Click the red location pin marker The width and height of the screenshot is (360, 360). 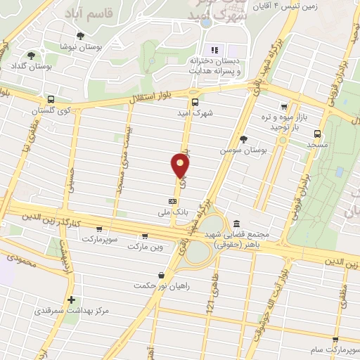pos(180,165)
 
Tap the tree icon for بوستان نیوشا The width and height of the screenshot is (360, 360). pos(80,35)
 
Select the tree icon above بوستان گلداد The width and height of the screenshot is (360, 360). pos(30,56)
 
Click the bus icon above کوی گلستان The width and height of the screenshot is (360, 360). pos(51,99)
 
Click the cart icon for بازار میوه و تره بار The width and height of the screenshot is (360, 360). pos(283,108)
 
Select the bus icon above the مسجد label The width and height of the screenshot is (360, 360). pos(317,133)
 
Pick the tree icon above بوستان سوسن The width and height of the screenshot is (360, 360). pos(243,139)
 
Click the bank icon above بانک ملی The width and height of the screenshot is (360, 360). pos(163,200)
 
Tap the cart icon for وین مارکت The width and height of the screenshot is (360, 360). pos(145,236)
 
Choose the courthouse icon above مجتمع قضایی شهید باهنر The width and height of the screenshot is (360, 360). pos(236,223)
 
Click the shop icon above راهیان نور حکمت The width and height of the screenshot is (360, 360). pos(162,275)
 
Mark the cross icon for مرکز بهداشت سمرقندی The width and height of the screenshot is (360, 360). pos(71,300)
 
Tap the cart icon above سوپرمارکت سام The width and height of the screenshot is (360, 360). pos(336,340)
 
